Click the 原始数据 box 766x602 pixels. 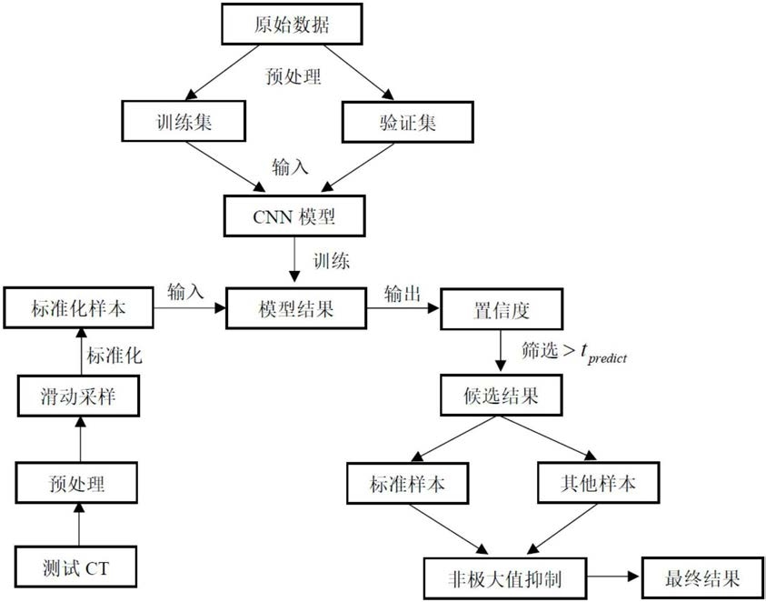(293, 25)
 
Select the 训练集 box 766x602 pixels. (184, 121)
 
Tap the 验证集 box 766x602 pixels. (407, 122)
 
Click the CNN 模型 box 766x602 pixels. (294, 216)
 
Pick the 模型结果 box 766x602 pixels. (296, 308)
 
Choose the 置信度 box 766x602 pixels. (502, 308)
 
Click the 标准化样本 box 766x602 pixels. (78, 307)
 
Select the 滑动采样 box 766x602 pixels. (78, 396)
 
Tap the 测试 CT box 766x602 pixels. (76, 567)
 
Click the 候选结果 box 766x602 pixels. (502, 396)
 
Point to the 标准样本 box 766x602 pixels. (407, 483)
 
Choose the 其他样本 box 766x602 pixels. (598, 483)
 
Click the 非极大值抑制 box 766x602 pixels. (504, 578)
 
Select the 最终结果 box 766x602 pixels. (702, 577)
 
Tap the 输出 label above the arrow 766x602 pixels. (403, 295)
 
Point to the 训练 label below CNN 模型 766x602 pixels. (332, 261)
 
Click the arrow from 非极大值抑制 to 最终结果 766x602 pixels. (612, 577)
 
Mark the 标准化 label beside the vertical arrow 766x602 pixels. (114, 355)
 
